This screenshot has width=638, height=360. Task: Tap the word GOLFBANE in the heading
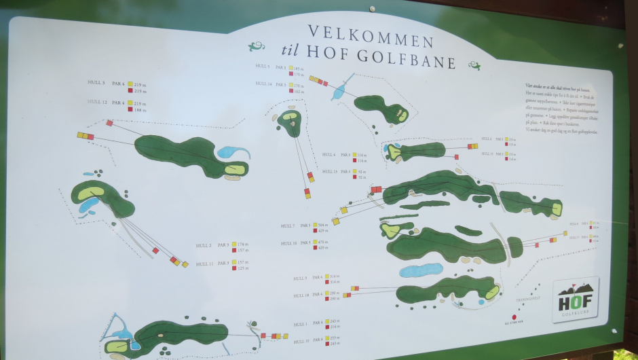[x=413, y=62]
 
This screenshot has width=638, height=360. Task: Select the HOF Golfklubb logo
[x=575, y=299]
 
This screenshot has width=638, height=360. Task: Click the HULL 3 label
[x=96, y=82]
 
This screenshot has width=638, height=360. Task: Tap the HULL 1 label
[x=301, y=324]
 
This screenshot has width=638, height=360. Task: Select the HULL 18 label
[x=301, y=295]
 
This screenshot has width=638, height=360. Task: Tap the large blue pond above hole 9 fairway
[x=421, y=270]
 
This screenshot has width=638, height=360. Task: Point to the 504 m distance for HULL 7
[x=322, y=224]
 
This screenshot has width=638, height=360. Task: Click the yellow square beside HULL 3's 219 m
[x=130, y=84]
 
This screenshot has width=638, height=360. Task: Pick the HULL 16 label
[x=289, y=243]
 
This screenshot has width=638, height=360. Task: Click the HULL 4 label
[x=329, y=154]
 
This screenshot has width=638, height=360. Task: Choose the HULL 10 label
[x=301, y=341]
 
